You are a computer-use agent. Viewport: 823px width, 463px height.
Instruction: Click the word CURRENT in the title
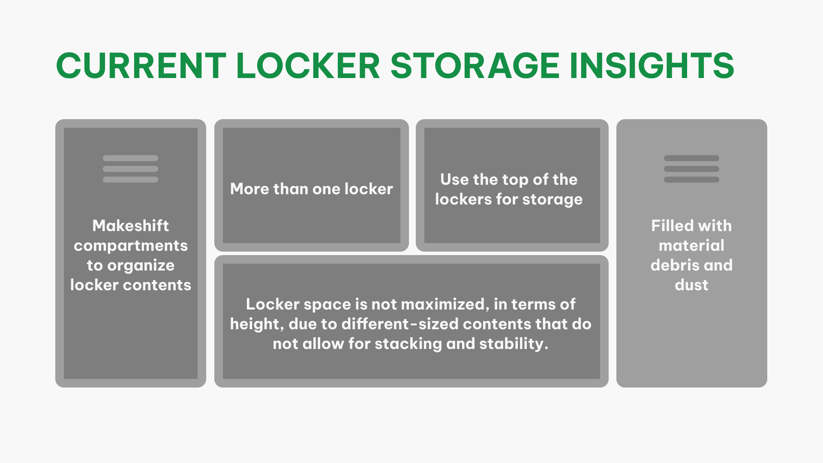coord(141,66)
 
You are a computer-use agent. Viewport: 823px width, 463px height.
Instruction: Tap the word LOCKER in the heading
coord(308,66)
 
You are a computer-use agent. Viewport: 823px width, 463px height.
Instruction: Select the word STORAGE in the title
coord(475,66)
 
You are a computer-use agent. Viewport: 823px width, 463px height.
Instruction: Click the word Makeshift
coord(131,225)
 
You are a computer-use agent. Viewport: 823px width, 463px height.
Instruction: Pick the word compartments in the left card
coord(131,245)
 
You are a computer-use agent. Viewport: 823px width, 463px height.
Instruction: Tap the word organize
coord(141,265)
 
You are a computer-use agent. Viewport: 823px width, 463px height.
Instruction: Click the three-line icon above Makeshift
coord(131,169)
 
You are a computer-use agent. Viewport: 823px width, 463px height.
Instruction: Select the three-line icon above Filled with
coord(691,169)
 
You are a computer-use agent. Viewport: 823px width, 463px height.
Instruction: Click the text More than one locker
coord(312,189)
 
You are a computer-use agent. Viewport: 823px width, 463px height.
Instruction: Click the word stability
coord(513,344)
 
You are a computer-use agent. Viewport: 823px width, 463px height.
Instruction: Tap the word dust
coord(691,285)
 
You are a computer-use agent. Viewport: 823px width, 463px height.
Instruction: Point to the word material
coord(691,245)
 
